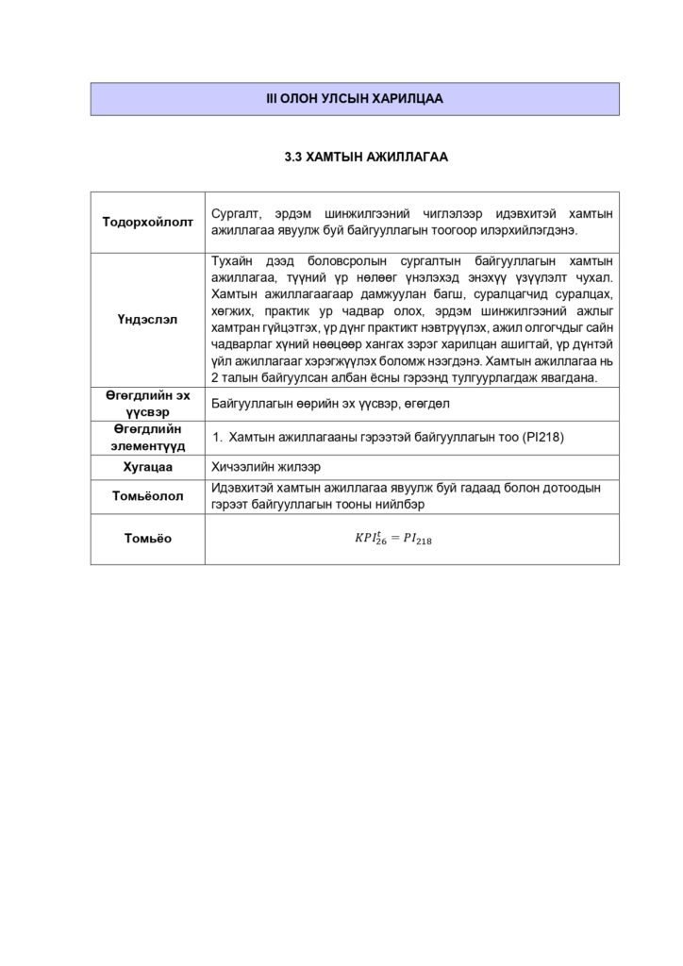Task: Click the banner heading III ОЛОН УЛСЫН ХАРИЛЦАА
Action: pos(354,98)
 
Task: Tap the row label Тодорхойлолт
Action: pos(147,222)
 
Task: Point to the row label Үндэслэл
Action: pos(147,319)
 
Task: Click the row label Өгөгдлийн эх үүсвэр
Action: pos(147,403)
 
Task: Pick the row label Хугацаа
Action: pos(147,467)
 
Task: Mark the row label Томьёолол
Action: pos(147,496)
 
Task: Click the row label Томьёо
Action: pos(147,539)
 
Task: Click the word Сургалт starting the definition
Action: pos(234,213)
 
